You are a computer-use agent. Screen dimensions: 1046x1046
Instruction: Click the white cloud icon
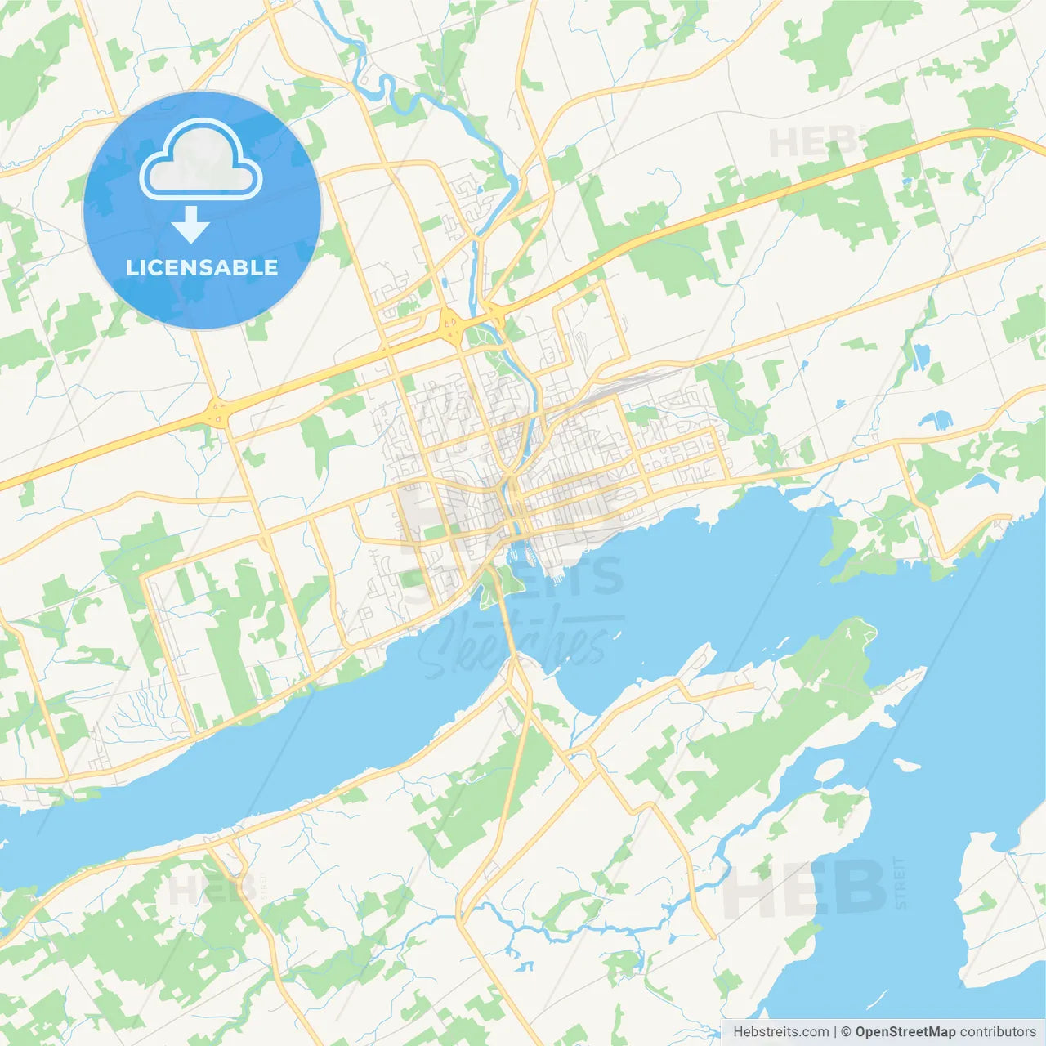tap(201, 160)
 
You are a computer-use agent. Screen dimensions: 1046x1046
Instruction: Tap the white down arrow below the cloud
tap(190, 225)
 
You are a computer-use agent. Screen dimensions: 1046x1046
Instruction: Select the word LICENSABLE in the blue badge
tap(202, 267)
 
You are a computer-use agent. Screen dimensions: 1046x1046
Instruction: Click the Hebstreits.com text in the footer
tap(780, 1032)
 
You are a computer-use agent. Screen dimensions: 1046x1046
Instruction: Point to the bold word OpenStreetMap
tap(905, 1032)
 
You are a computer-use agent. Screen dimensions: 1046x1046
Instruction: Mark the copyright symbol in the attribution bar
tap(847, 1032)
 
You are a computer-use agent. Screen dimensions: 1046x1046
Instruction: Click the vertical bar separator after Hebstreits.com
tap(835, 1032)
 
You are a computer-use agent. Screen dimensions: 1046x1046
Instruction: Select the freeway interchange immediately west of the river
tap(449, 327)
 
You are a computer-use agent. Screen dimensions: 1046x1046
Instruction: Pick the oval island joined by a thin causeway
tap(827, 771)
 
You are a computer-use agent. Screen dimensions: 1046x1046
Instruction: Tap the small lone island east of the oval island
tap(906, 766)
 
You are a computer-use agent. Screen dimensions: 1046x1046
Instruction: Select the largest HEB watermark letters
tap(805, 889)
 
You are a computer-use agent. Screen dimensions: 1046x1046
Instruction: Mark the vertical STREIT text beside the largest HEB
tap(901, 883)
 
